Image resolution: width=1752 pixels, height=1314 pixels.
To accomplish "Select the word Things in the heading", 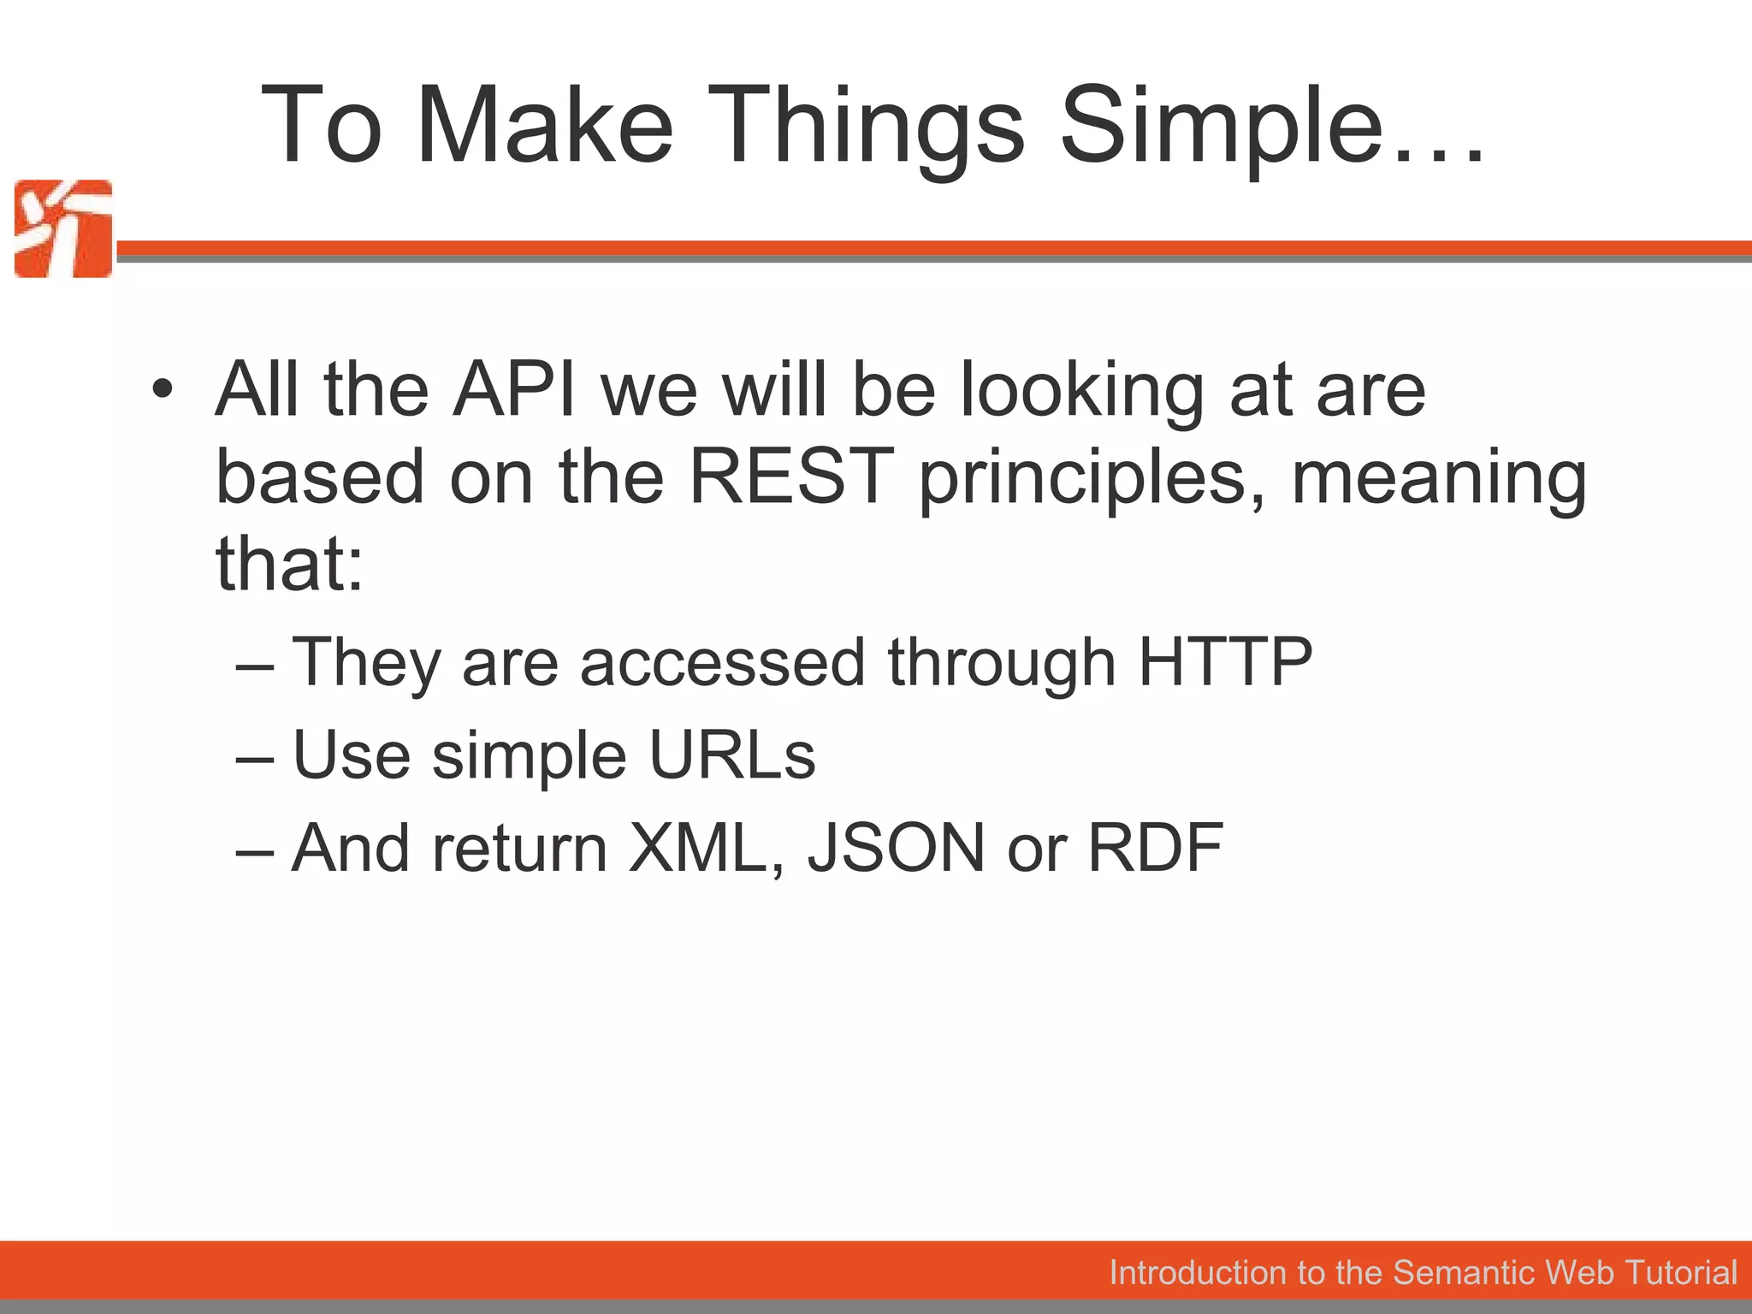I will [864, 127].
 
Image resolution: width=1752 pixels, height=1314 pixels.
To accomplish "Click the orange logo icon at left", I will [63, 228].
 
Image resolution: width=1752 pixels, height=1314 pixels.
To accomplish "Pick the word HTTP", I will [1225, 661].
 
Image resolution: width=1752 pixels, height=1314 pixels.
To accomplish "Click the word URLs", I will [732, 755].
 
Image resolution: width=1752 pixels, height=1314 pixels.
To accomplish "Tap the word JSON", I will [897, 847].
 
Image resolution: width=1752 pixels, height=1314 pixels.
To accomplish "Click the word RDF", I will [1155, 847].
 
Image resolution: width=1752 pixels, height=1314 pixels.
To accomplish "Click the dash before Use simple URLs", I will [255, 757].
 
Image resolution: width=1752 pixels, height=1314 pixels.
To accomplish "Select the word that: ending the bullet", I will [289, 565].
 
